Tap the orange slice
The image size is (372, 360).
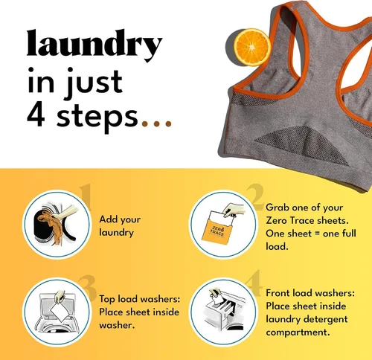pos(252,47)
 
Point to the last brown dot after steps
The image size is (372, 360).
pos(169,123)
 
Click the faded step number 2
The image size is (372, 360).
pos(255,197)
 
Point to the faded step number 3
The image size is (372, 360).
pos(87,288)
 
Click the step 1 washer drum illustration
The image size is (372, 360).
pos(55,225)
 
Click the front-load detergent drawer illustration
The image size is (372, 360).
pos(225,309)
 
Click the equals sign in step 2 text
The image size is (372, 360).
pos(318,234)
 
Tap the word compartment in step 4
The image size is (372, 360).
pos(298,332)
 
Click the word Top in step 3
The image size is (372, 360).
pos(107,299)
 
